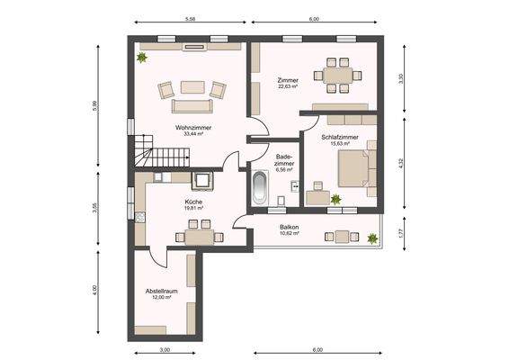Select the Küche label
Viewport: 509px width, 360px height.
[x=193, y=202]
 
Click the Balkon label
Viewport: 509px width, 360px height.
[x=289, y=227]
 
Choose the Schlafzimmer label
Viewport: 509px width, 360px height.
[x=340, y=137]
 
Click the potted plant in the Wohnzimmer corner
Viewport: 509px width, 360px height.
[x=141, y=58]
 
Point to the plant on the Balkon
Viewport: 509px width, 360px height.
[x=371, y=238]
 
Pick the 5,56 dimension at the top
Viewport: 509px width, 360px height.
[x=191, y=18]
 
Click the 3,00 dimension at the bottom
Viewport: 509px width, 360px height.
[x=165, y=348]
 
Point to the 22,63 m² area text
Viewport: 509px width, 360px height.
[x=288, y=87]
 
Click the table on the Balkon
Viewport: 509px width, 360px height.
[x=339, y=236]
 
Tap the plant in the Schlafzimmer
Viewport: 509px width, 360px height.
[x=335, y=199]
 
